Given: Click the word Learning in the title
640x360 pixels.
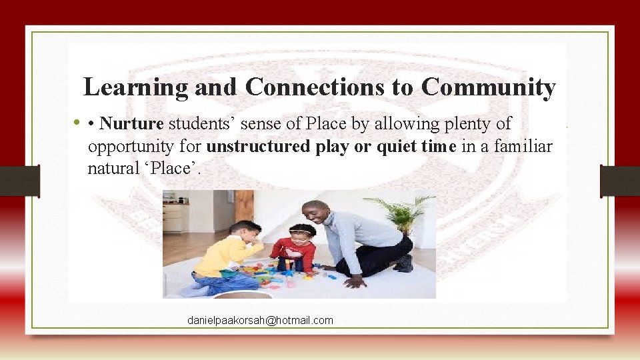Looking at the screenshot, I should point(126,87).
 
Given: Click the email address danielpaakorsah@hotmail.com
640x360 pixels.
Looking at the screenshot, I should point(260,321).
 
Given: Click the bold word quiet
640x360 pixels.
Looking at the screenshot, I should point(397,146).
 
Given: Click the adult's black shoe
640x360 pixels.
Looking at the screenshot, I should point(403,263).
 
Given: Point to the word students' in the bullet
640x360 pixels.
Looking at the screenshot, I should point(200,123).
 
